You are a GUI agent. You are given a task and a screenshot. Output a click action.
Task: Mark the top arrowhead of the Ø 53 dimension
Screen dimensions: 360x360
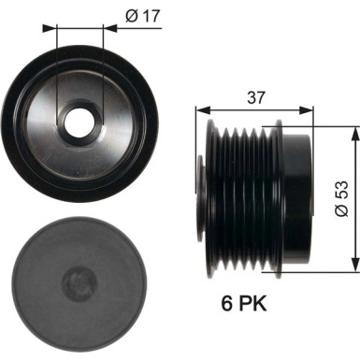coord(353,134)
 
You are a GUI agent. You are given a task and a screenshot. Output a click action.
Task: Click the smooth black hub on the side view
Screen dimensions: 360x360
coord(297,196)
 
